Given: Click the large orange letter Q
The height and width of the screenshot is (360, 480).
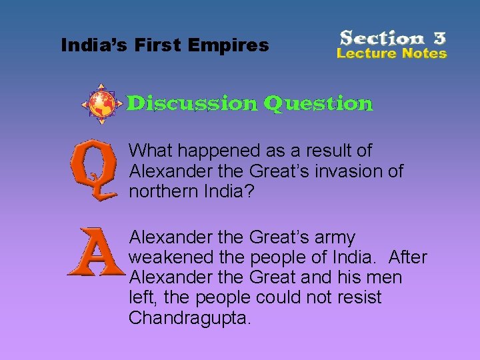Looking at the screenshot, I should coord(93,173).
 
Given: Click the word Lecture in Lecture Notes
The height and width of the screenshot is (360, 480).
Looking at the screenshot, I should coord(365,53).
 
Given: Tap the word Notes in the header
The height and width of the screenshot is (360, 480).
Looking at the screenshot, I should coord(421,53).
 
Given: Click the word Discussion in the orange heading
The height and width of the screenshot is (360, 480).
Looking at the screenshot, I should coord(192,103).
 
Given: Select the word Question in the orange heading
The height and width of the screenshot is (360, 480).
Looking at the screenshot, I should coord(318,104).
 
